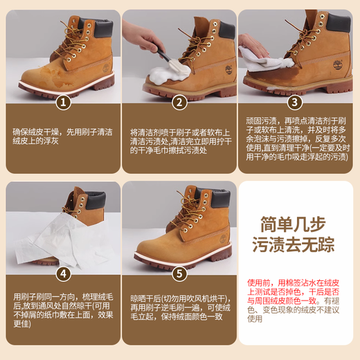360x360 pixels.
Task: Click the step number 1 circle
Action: click(63, 102)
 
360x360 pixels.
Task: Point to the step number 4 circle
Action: click(63, 273)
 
